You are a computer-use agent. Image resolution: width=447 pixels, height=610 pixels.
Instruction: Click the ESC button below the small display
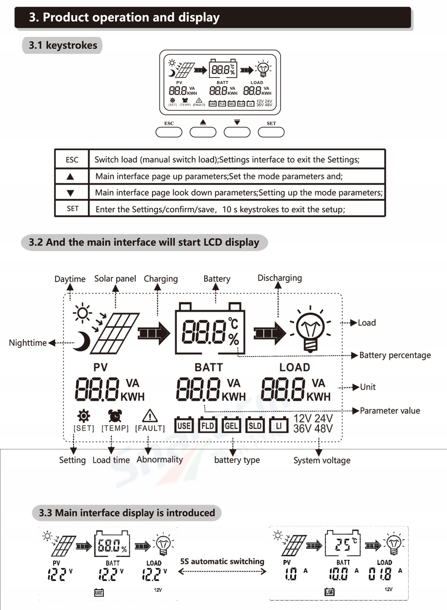(169, 132)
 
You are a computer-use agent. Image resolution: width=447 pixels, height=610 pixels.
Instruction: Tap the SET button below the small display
(271, 132)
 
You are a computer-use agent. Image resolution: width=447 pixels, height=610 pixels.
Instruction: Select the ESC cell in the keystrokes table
(72, 160)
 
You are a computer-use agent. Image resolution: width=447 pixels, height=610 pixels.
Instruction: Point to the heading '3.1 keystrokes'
(63, 45)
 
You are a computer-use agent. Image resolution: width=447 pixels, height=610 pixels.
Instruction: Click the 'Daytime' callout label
(70, 279)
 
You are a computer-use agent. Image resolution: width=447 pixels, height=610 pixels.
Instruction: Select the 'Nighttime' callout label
(28, 343)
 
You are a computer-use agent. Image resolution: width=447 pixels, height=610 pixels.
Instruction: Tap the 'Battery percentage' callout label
(395, 355)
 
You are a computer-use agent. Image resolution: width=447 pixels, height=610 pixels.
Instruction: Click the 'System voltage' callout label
(322, 460)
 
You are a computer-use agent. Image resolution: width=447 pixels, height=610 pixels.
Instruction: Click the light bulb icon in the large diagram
(311, 328)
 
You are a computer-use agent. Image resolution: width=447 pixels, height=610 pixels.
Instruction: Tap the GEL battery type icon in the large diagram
(231, 426)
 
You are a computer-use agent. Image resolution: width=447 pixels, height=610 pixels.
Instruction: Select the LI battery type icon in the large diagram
(279, 426)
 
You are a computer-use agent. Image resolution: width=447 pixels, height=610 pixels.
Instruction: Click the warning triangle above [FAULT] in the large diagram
(149, 415)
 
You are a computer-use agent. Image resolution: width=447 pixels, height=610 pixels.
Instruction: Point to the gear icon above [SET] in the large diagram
(83, 415)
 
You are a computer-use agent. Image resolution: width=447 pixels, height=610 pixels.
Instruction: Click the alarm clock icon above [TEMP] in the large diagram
(115, 415)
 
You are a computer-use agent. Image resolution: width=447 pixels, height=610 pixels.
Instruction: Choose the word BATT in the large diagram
(209, 367)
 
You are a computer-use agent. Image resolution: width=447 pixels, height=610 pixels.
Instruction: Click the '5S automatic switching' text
(222, 561)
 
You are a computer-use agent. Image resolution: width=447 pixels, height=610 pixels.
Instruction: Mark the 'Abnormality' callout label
(159, 459)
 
